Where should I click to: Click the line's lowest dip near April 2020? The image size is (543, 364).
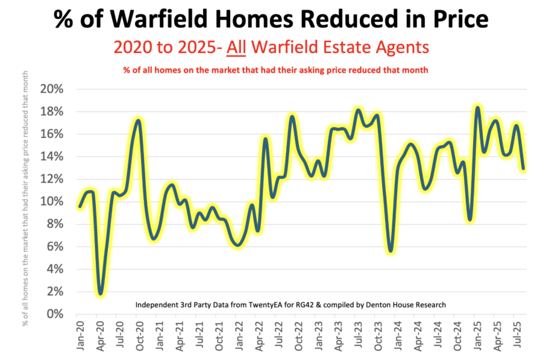pyautogui.click(x=101, y=294)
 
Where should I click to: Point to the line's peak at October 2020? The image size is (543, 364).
pyautogui.click(x=139, y=121)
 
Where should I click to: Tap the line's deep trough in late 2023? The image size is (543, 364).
pyautogui.click(x=391, y=251)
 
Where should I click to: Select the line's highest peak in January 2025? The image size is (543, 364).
pyautogui.click(x=477, y=108)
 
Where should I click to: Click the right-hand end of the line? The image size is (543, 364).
pyautogui.click(x=523, y=168)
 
